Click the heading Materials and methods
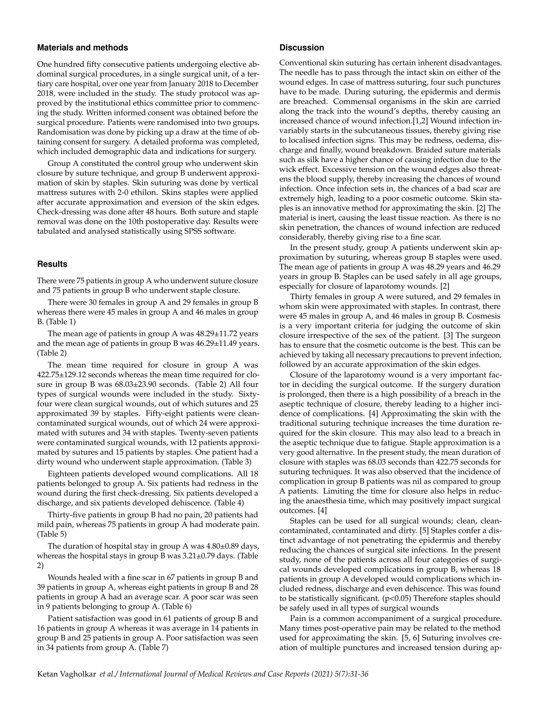[x=82, y=48]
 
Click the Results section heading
[x=52, y=264]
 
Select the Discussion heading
[x=301, y=48]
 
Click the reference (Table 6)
[x=176, y=606]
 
